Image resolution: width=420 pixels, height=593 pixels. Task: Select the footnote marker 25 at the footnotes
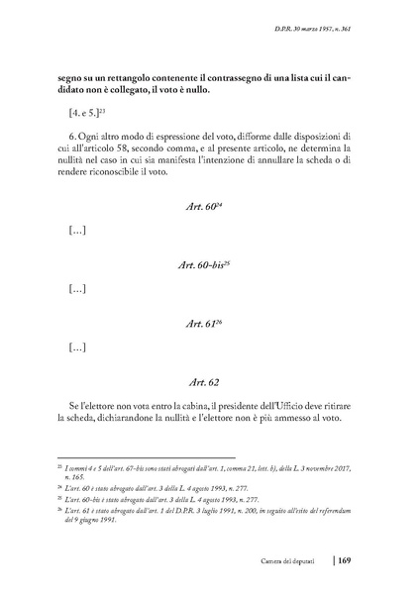pyautogui.click(x=60, y=500)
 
